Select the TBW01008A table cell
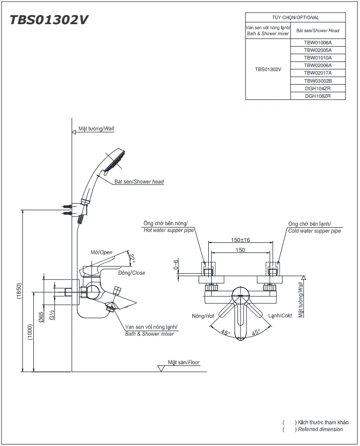318,43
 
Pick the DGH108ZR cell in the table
318,96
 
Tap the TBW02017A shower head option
318,73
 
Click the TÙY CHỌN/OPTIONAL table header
295,17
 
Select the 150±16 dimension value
241,240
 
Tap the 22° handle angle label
133,258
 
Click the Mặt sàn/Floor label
185,362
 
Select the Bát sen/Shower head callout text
139,181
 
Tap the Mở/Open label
101,252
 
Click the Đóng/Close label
132,273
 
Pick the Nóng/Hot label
203,316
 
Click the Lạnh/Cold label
280,316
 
